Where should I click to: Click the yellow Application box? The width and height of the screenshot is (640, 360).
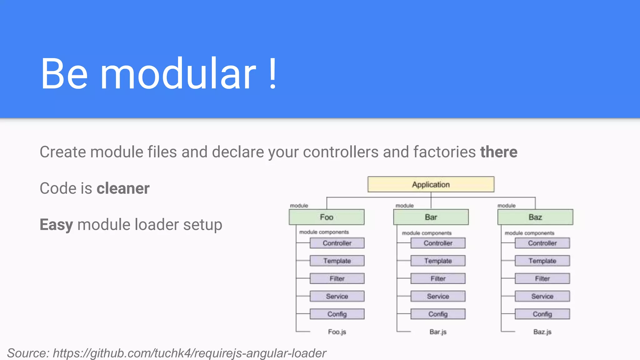click(x=431, y=184)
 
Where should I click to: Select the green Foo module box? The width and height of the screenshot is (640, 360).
click(x=327, y=217)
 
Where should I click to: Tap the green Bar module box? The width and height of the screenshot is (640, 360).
click(x=431, y=217)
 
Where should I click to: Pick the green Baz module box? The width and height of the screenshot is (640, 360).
click(x=535, y=217)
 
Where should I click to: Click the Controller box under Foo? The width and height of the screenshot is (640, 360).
click(x=337, y=243)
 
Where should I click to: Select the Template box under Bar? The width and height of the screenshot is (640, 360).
click(x=438, y=261)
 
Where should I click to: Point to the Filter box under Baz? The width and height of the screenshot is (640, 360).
click(x=542, y=278)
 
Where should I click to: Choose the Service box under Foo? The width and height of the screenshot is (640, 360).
click(x=337, y=296)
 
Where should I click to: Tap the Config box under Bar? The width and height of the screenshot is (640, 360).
click(x=438, y=314)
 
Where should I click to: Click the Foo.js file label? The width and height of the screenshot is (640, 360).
click(x=337, y=332)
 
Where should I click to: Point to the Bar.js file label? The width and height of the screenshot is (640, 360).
click(x=438, y=332)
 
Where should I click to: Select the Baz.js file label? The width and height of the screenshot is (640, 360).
click(x=542, y=332)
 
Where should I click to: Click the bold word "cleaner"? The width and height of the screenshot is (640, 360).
click(x=123, y=188)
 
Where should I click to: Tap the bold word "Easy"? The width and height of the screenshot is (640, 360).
click(x=56, y=225)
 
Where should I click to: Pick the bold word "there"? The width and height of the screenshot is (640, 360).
click(x=498, y=152)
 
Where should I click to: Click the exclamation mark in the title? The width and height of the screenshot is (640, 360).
click(x=272, y=74)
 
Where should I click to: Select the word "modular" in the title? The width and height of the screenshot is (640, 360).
click(x=178, y=74)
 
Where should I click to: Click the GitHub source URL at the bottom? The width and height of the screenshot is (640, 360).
click(x=189, y=353)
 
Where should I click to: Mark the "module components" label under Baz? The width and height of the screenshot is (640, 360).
click(x=529, y=233)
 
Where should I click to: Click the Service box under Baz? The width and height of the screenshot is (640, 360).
click(x=542, y=296)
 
